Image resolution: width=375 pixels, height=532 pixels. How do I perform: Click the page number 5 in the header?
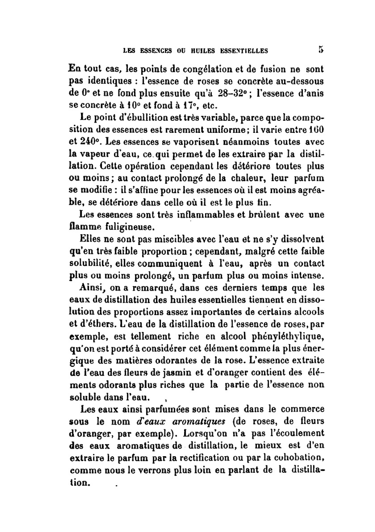point(321,49)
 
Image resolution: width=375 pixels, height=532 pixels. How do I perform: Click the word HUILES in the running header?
point(190,51)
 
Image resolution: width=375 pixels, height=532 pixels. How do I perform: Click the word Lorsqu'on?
point(205,433)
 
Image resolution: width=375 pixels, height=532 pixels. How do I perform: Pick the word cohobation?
point(298,458)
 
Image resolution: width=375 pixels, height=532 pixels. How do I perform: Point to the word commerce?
point(303,409)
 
